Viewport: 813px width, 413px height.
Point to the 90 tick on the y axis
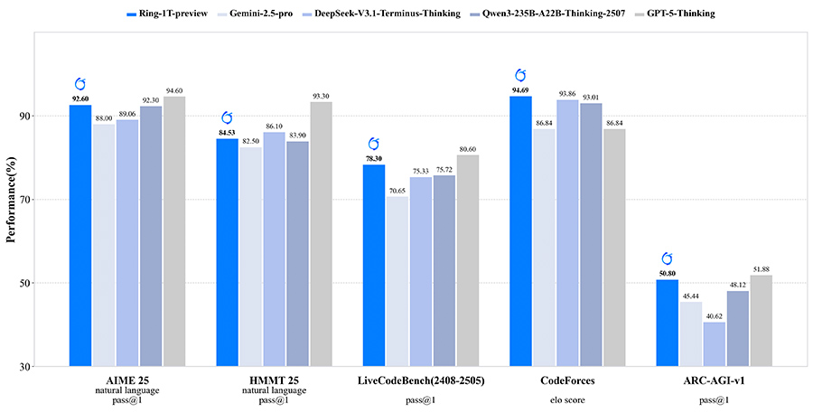[25, 116]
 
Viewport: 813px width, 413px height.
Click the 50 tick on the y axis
[25, 283]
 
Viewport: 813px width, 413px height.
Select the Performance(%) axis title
[12, 199]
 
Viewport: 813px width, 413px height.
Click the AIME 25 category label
[127, 380]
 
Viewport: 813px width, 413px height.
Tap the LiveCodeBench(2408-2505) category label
[421, 380]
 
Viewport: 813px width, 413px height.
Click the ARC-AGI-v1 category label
[715, 380]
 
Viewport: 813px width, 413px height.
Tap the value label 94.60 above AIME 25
[174, 89]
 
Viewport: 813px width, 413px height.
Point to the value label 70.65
[397, 190]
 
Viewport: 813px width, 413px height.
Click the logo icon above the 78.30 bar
[373, 144]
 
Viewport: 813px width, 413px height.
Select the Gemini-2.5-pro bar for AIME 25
[104, 244]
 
